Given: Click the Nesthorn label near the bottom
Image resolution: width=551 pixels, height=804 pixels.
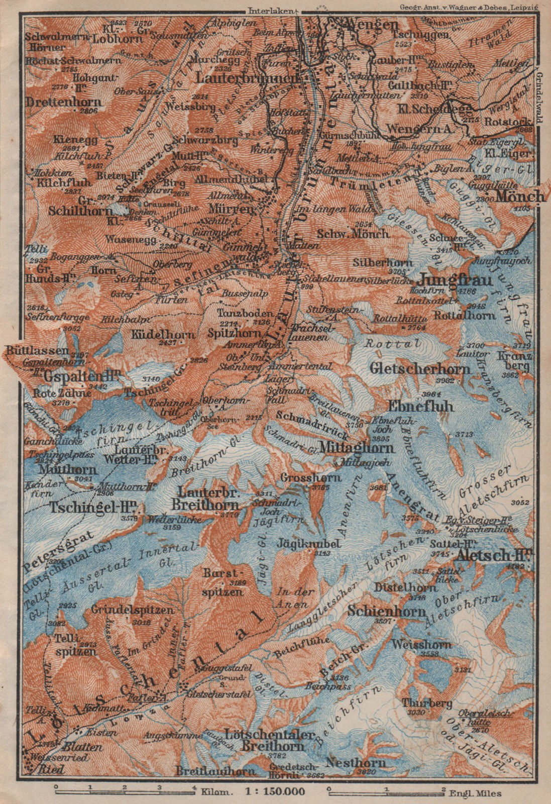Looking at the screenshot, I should (356, 763).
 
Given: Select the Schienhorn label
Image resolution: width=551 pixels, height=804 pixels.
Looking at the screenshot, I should (393, 612).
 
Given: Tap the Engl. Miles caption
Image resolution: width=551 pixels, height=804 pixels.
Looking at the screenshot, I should (472, 791).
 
